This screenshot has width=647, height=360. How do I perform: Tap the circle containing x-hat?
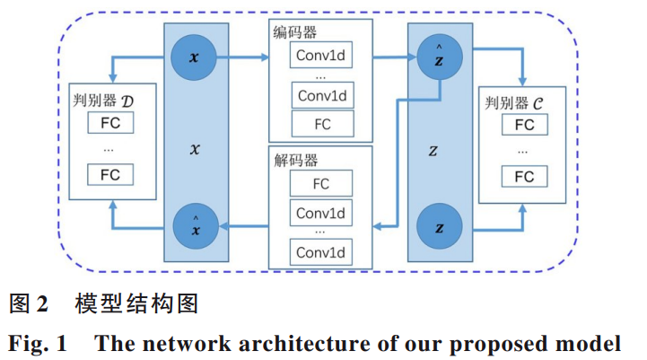click(x=193, y=225)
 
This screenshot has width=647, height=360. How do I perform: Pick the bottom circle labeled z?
click(x=439, y=225)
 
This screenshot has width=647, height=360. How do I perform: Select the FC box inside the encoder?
click(x=322, y=123)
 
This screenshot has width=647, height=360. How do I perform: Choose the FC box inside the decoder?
click(x=320, y=184)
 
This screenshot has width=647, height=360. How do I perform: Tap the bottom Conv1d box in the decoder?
click(x=320, y=250)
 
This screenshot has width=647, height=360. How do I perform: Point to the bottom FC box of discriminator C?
click(x=524, y=177)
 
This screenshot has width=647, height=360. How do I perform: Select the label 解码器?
click(x=295, y=161)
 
